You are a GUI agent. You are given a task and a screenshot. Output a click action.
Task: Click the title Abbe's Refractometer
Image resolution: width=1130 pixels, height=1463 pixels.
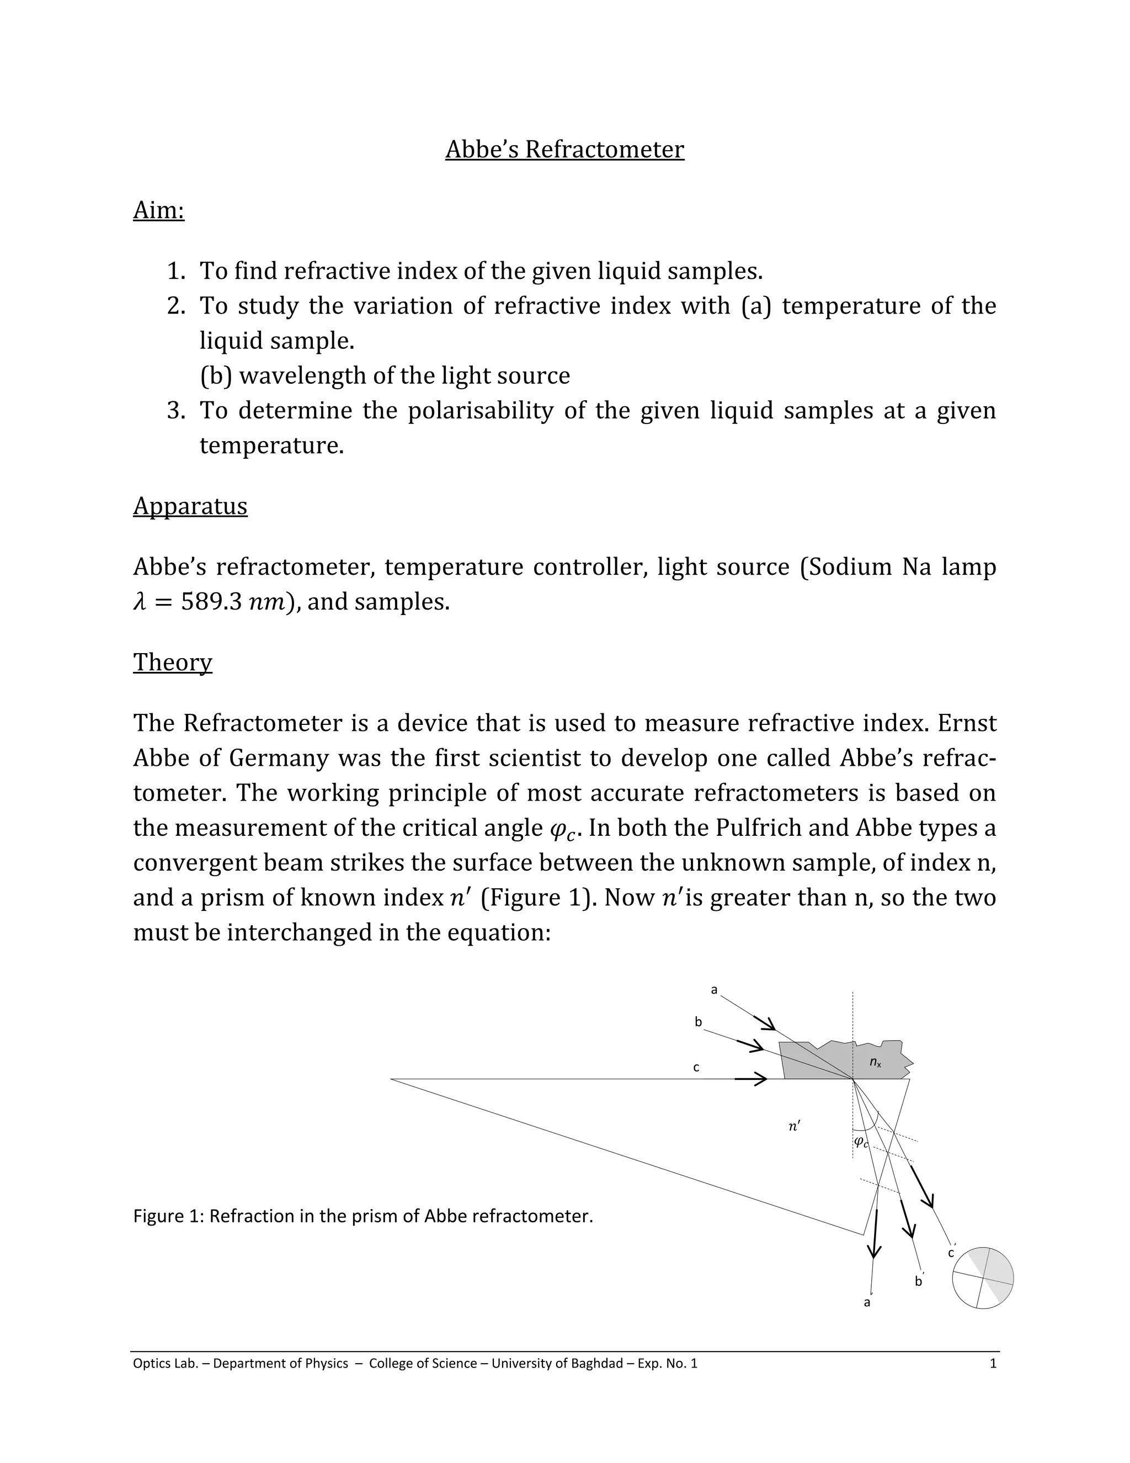click(x=564, y=150)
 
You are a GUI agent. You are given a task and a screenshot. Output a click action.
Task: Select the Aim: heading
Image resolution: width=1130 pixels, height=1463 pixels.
click(x=159, y=210)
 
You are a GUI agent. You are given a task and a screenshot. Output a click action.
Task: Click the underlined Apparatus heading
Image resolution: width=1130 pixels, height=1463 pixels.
click(x=190, y=506)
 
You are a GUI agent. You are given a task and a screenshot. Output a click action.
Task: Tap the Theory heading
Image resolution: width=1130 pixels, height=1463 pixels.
click(x=173, y=662)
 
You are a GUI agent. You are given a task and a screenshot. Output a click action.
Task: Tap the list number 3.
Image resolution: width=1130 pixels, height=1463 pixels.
click(x=175, y=410)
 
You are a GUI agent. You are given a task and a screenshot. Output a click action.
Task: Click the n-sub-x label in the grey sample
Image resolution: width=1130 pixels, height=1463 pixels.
click(x=875, y=1062)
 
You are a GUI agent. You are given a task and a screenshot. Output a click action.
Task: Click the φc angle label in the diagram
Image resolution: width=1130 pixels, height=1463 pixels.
click(x=861, y=1142)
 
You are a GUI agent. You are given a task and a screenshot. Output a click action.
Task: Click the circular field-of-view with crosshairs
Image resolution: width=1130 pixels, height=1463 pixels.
click(x=982, y=1278)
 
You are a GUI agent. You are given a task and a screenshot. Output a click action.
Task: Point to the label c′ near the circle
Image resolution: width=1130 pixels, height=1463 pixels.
click(x=951, y=1253)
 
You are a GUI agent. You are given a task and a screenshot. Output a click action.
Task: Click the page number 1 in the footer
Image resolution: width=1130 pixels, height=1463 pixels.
click(x=993, y=1363)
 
